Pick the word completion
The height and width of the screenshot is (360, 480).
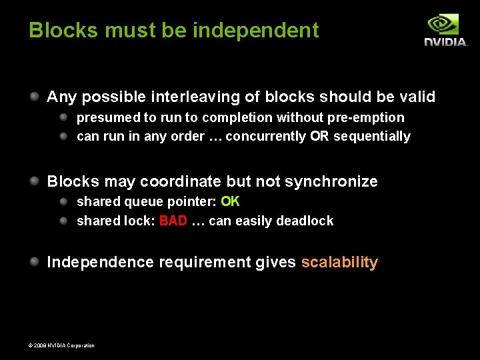227,117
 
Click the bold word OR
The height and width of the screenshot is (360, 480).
319,136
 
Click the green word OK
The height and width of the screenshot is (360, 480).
230,201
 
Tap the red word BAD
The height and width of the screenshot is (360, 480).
173,221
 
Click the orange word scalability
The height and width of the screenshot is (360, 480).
339,262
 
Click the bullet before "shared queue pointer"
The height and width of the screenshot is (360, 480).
64,201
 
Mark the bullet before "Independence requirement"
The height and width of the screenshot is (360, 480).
33,261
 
